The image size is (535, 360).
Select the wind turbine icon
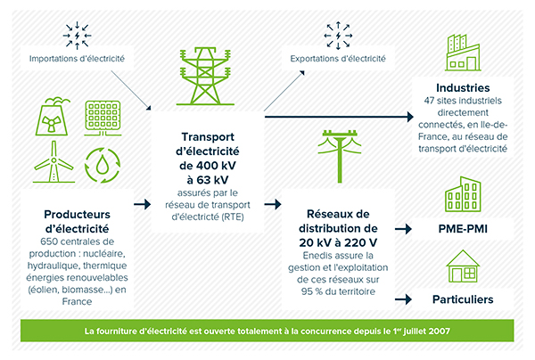(x=53, y=162)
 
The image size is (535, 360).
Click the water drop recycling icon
(x=103, y=165)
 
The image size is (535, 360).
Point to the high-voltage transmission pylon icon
(x=205, y=76)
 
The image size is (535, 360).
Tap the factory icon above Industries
(x=463, y=53)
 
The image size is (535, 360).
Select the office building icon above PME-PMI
(x=463, y=194)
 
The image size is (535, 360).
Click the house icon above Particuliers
(x=463, y=266)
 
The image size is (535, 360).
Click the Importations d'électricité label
(x=77, y=59)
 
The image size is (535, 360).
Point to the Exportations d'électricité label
(x=338, y=59)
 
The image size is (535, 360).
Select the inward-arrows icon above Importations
(x=77, y=36)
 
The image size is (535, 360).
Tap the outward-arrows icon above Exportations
(x=338, y=36)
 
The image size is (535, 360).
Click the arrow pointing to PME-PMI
(x=403, y=229)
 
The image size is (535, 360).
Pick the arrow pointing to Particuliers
(x=403, y=299)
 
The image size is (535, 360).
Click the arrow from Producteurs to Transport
(x=143, y=204)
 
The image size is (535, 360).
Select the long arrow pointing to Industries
(x=339, y=117)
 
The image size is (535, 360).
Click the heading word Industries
(x=463, y=88)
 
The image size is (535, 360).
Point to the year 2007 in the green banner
(x=439, y=331)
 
